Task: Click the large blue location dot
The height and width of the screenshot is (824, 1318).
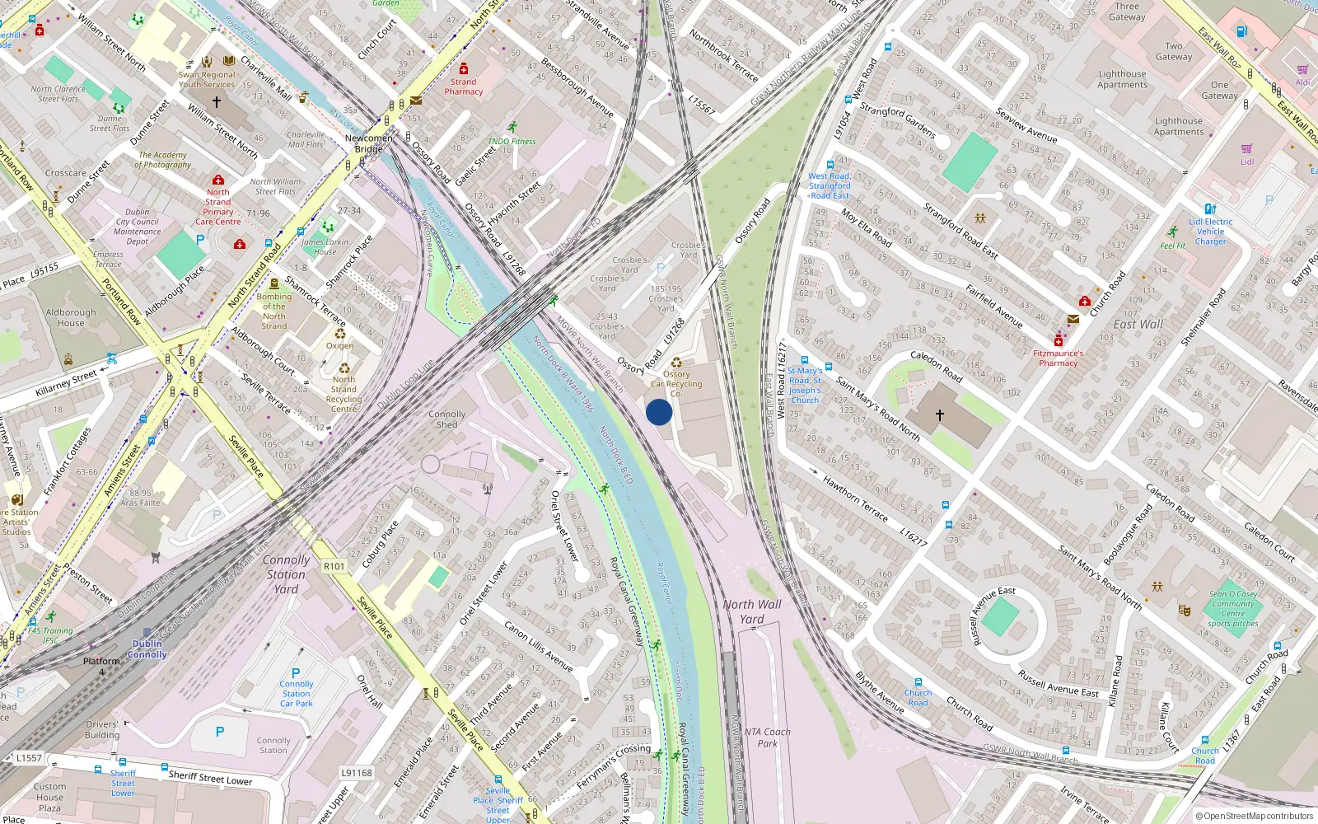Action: (659, 412)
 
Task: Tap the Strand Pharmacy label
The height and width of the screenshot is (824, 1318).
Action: (464, 87)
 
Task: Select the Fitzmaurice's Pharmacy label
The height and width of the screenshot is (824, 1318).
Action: (1059, 358)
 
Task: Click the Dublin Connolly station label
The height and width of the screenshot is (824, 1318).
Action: (147, 649)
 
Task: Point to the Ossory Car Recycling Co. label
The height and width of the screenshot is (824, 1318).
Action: (676, 383)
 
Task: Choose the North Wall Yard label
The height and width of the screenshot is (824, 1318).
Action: (752, 611)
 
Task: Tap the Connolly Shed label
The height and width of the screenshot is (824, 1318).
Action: (447, 419)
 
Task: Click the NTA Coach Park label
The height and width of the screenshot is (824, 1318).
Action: (767, 737)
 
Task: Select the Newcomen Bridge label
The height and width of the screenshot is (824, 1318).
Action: (369, 143)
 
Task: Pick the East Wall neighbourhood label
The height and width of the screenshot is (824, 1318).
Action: (1138, 325)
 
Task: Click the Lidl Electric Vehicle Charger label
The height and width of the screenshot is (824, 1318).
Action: (1210, 232)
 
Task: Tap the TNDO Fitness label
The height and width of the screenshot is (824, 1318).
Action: (512, 141)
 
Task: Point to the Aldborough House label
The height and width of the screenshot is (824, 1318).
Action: (71, 317)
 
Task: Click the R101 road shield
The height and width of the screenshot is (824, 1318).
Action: (334, 566)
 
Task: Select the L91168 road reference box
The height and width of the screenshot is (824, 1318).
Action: (357, 773)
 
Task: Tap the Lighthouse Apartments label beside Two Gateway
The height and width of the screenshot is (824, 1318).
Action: (1122, 79)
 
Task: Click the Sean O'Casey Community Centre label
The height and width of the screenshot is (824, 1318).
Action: (1233, 608)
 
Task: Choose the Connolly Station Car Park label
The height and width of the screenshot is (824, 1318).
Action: (297, 693)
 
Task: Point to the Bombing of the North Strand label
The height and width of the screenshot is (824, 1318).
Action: (274, 311)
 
